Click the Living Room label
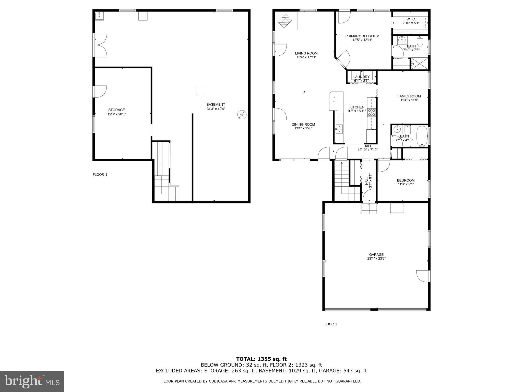pos(306,53)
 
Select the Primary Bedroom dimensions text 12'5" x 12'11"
pos(362,40)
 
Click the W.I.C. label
pos(411,19)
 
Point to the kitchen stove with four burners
pos(371,112)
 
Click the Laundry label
pos(361,77)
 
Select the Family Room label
pos(409,96)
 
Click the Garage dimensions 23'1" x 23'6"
pos(376,258)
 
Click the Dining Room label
pos(303,125)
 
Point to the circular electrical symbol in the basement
pos(242,115)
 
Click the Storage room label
pos(116,110)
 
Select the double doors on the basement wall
pos(101,45)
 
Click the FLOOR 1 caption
pos(100,175)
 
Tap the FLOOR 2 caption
pos(330,324)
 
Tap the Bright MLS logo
pos(32,381)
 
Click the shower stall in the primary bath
pos(419,64)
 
